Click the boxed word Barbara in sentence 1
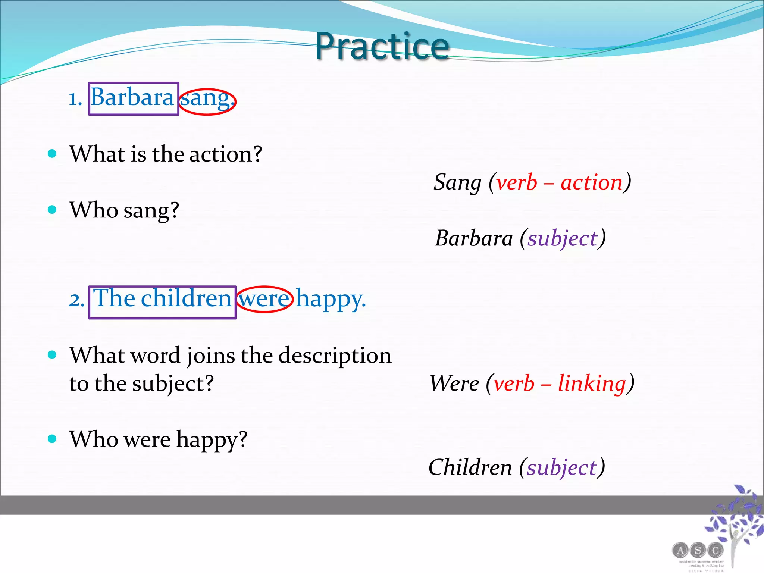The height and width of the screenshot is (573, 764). coord(132,98)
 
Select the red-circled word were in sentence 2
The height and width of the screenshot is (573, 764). coord(264,299)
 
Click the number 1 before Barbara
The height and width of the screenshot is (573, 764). coord(75,99)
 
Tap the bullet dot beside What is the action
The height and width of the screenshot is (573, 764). coord(52,153)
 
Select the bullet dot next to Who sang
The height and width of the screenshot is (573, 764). coord(52,209)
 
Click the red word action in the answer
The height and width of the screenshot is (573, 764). coord(592,182)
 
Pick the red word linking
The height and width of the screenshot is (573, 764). coord(592,383)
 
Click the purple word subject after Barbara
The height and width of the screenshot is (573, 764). coord(563,239)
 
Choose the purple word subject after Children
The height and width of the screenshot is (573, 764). coord(562,468)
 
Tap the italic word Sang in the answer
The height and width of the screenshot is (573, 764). coord(457,183)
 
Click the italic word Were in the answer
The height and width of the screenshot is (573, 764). coord(454,383)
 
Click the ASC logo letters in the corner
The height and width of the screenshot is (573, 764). coord(698,550)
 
